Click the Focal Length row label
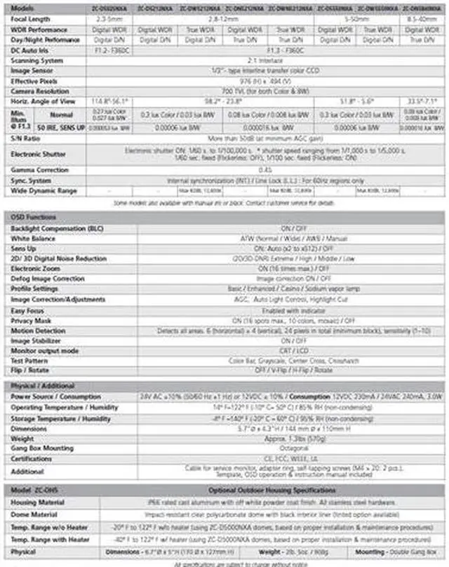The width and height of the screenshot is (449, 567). click(30, 19)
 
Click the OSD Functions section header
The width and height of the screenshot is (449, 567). click(34, 218)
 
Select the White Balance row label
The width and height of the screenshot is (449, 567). click(33, 239)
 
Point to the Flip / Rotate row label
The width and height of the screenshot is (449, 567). click(31, 370)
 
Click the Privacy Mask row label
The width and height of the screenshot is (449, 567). click(32, 321)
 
